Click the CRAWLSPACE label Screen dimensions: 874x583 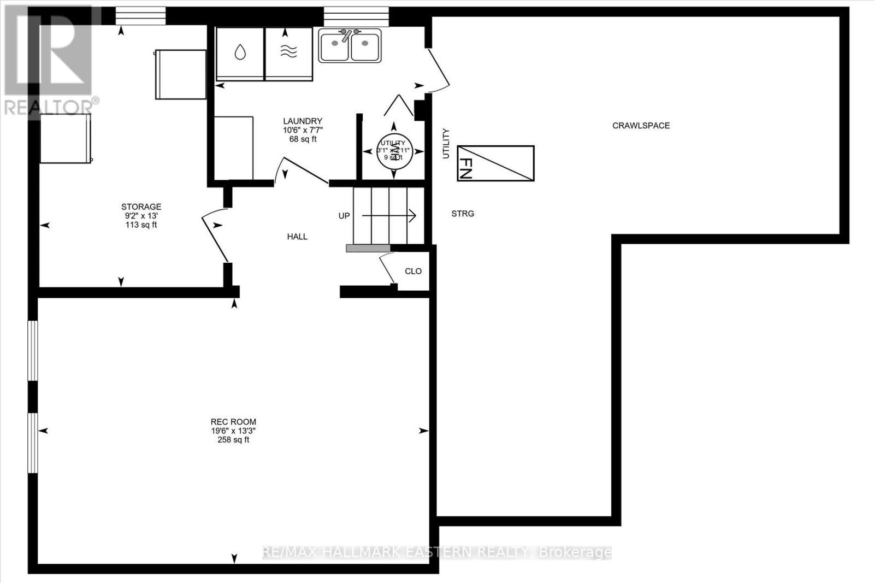tap(641, 126)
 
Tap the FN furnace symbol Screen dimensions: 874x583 tap(495, 163)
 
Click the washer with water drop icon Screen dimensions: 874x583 tap(240, 53)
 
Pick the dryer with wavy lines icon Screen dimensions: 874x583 tap(289, 53)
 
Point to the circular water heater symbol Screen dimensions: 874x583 tap(393, 151)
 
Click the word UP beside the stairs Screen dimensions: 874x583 tap(344, 216)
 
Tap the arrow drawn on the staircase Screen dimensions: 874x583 tap(389, 216)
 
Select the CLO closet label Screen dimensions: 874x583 tap(413, 271)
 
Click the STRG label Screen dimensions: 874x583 tap(463, 214)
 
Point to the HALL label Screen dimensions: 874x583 tap(297, 237)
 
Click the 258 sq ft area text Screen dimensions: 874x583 tap(233, 439)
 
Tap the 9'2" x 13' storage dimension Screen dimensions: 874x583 tap(141, 216)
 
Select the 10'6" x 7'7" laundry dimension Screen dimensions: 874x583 tap(303, 130)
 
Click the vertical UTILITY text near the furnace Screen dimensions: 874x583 tap(446, 144)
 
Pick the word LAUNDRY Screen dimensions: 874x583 tap(303, 121)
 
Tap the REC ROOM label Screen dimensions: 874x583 tap(233, 422)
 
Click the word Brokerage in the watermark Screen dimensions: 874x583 tap(575, 552)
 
